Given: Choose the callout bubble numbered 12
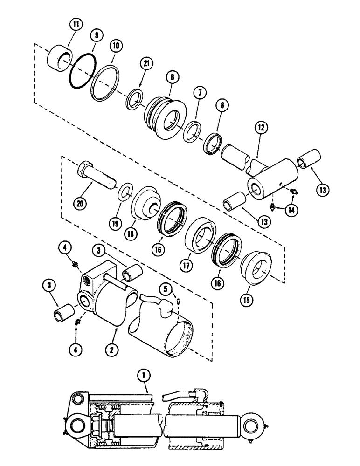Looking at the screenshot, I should click(261, 127).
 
